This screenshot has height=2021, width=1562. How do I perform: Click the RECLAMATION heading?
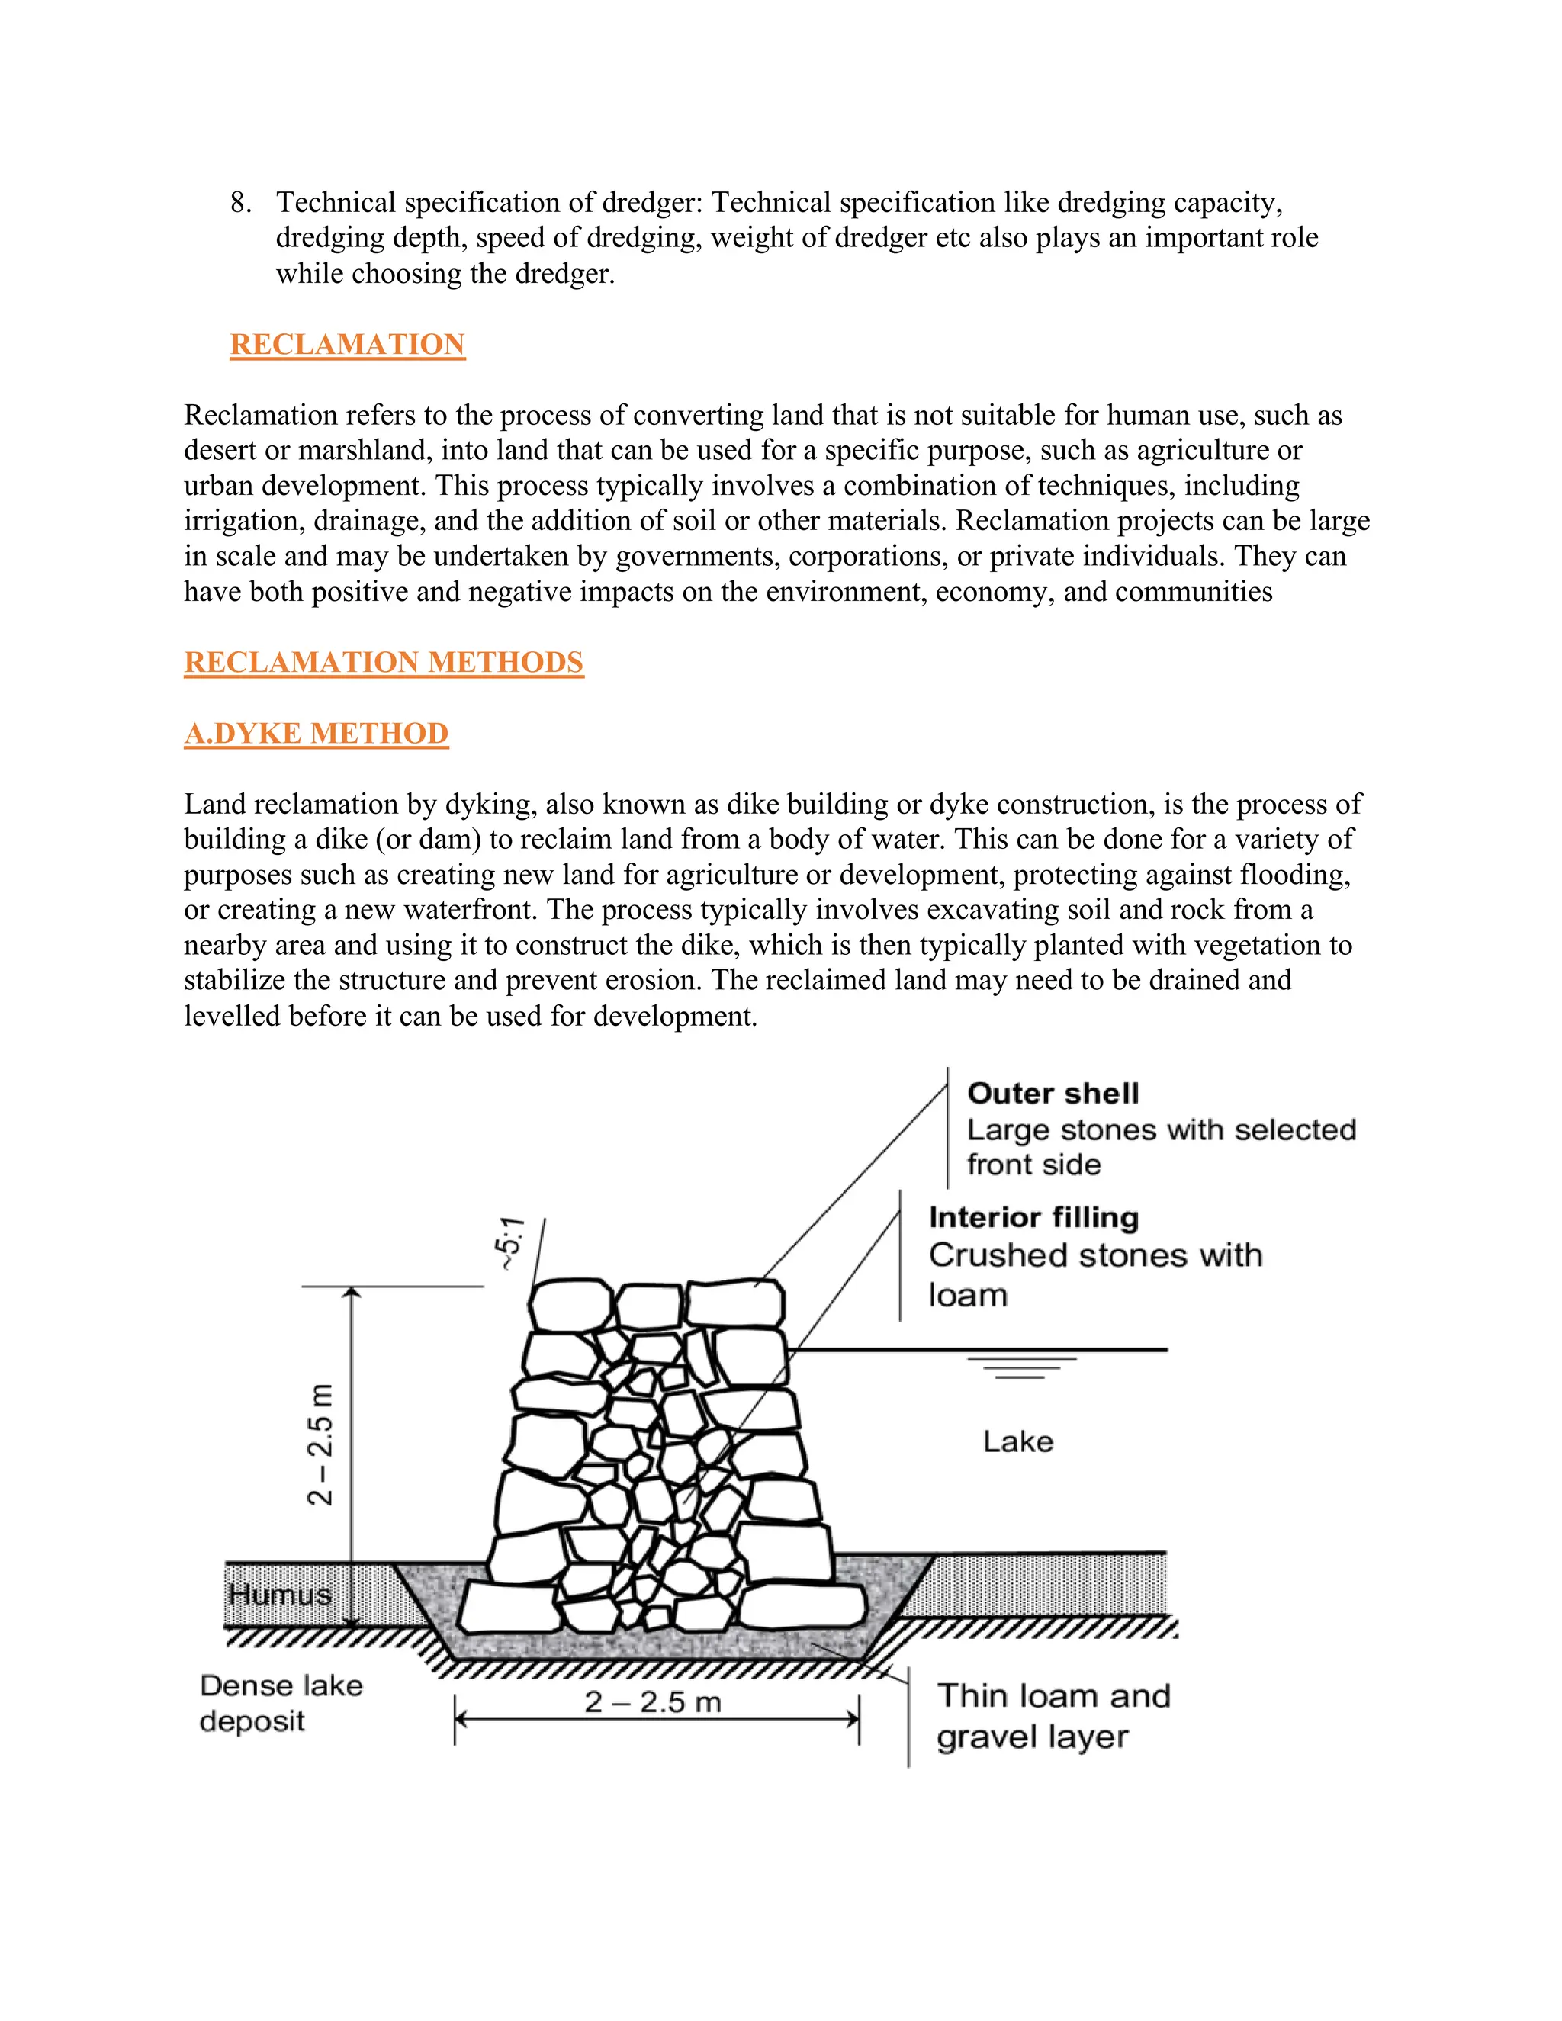pos(347,344)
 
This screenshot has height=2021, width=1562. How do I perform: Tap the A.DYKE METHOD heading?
pos(316,734)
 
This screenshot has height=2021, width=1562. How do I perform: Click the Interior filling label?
pos(1033,1218)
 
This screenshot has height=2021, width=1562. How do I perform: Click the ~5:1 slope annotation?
pos(510,1244)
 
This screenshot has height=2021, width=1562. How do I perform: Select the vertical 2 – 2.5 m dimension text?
pos(320,1444)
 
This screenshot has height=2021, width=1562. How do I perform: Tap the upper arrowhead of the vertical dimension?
pos(351,1293)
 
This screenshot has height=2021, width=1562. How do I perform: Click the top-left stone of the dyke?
pos(569,1305)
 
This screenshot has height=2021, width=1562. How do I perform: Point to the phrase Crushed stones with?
pos(1094,1256)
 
